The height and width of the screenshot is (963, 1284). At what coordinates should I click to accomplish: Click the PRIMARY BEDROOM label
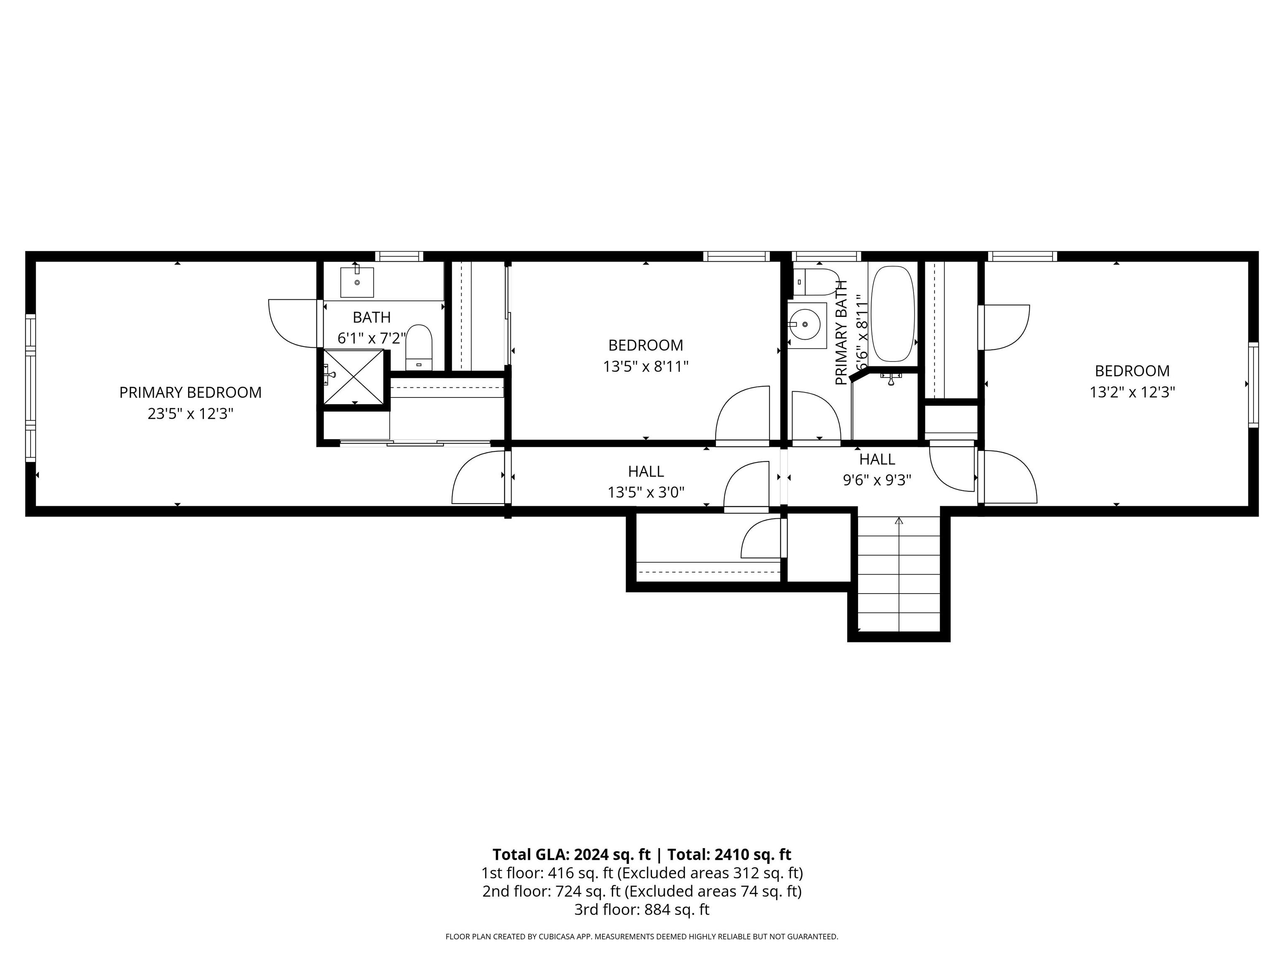point(191,393)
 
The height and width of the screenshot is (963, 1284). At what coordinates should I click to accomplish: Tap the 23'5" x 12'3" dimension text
point(191,414)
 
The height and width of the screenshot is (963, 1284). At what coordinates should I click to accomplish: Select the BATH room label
point(372,318)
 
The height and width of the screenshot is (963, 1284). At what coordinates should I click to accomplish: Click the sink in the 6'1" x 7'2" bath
point(357,282)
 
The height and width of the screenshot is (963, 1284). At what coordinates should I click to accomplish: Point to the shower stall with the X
point(353,377)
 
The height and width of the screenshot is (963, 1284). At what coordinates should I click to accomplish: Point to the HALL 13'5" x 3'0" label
point(645,482)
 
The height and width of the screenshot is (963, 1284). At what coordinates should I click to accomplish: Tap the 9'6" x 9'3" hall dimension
point(877,481)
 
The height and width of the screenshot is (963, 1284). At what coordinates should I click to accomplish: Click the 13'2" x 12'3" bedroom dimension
point(1132,392)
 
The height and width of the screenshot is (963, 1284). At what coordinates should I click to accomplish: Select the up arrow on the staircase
point(899,521)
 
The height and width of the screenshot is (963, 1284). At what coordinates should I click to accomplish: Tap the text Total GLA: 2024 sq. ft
point(571,854)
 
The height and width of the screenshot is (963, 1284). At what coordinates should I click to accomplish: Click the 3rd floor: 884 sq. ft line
point(642,909)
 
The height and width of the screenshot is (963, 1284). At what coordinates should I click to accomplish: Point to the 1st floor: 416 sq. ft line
point(642,873)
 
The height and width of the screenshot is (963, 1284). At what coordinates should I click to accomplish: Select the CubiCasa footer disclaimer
point(642,936)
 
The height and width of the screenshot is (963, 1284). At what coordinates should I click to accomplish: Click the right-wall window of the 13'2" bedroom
point(1253,385)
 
